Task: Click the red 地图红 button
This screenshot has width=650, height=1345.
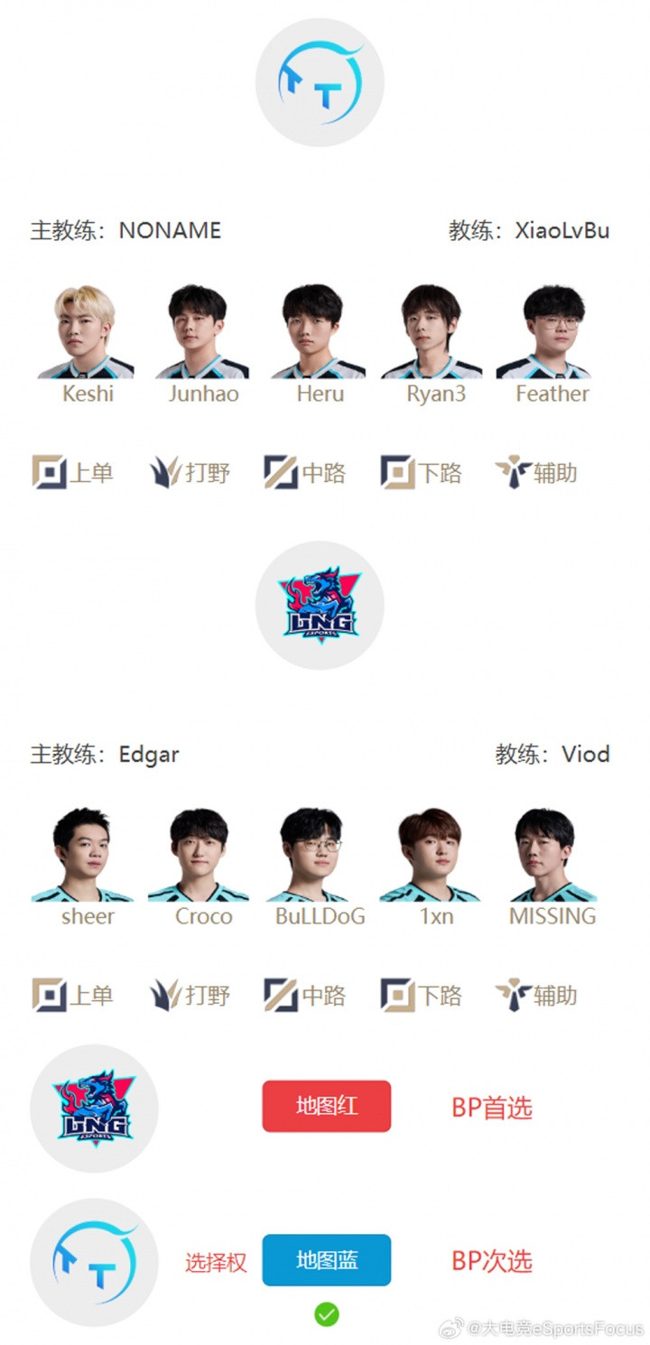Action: (326, 1106)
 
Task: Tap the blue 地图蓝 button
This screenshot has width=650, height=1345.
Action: (326, 1260)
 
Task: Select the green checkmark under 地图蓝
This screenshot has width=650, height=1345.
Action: (326, 1314)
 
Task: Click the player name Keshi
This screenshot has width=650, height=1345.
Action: (88, 394)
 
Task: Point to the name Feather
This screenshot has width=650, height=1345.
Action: (552, 394)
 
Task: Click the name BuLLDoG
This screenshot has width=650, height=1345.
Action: (320, 916)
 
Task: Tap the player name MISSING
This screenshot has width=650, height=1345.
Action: (552, 916)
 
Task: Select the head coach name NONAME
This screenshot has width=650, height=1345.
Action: (170, 230)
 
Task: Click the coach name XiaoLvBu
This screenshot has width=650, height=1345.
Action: (562, 230)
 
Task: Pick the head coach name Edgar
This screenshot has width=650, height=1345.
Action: (149, 755)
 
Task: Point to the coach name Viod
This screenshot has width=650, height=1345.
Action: (586, 754)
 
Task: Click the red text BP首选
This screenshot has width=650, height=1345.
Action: (492, 1108)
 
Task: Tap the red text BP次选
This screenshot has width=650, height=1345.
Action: (492, 1261)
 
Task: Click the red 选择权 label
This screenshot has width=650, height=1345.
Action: (216, 1262)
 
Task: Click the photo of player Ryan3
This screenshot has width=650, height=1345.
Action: (432, 331)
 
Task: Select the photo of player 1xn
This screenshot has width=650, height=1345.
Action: (430, 855)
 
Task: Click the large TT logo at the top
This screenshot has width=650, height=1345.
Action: (320, 82)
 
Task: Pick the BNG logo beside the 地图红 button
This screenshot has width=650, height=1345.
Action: (94, 1108)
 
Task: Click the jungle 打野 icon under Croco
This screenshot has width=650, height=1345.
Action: (166, 995)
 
